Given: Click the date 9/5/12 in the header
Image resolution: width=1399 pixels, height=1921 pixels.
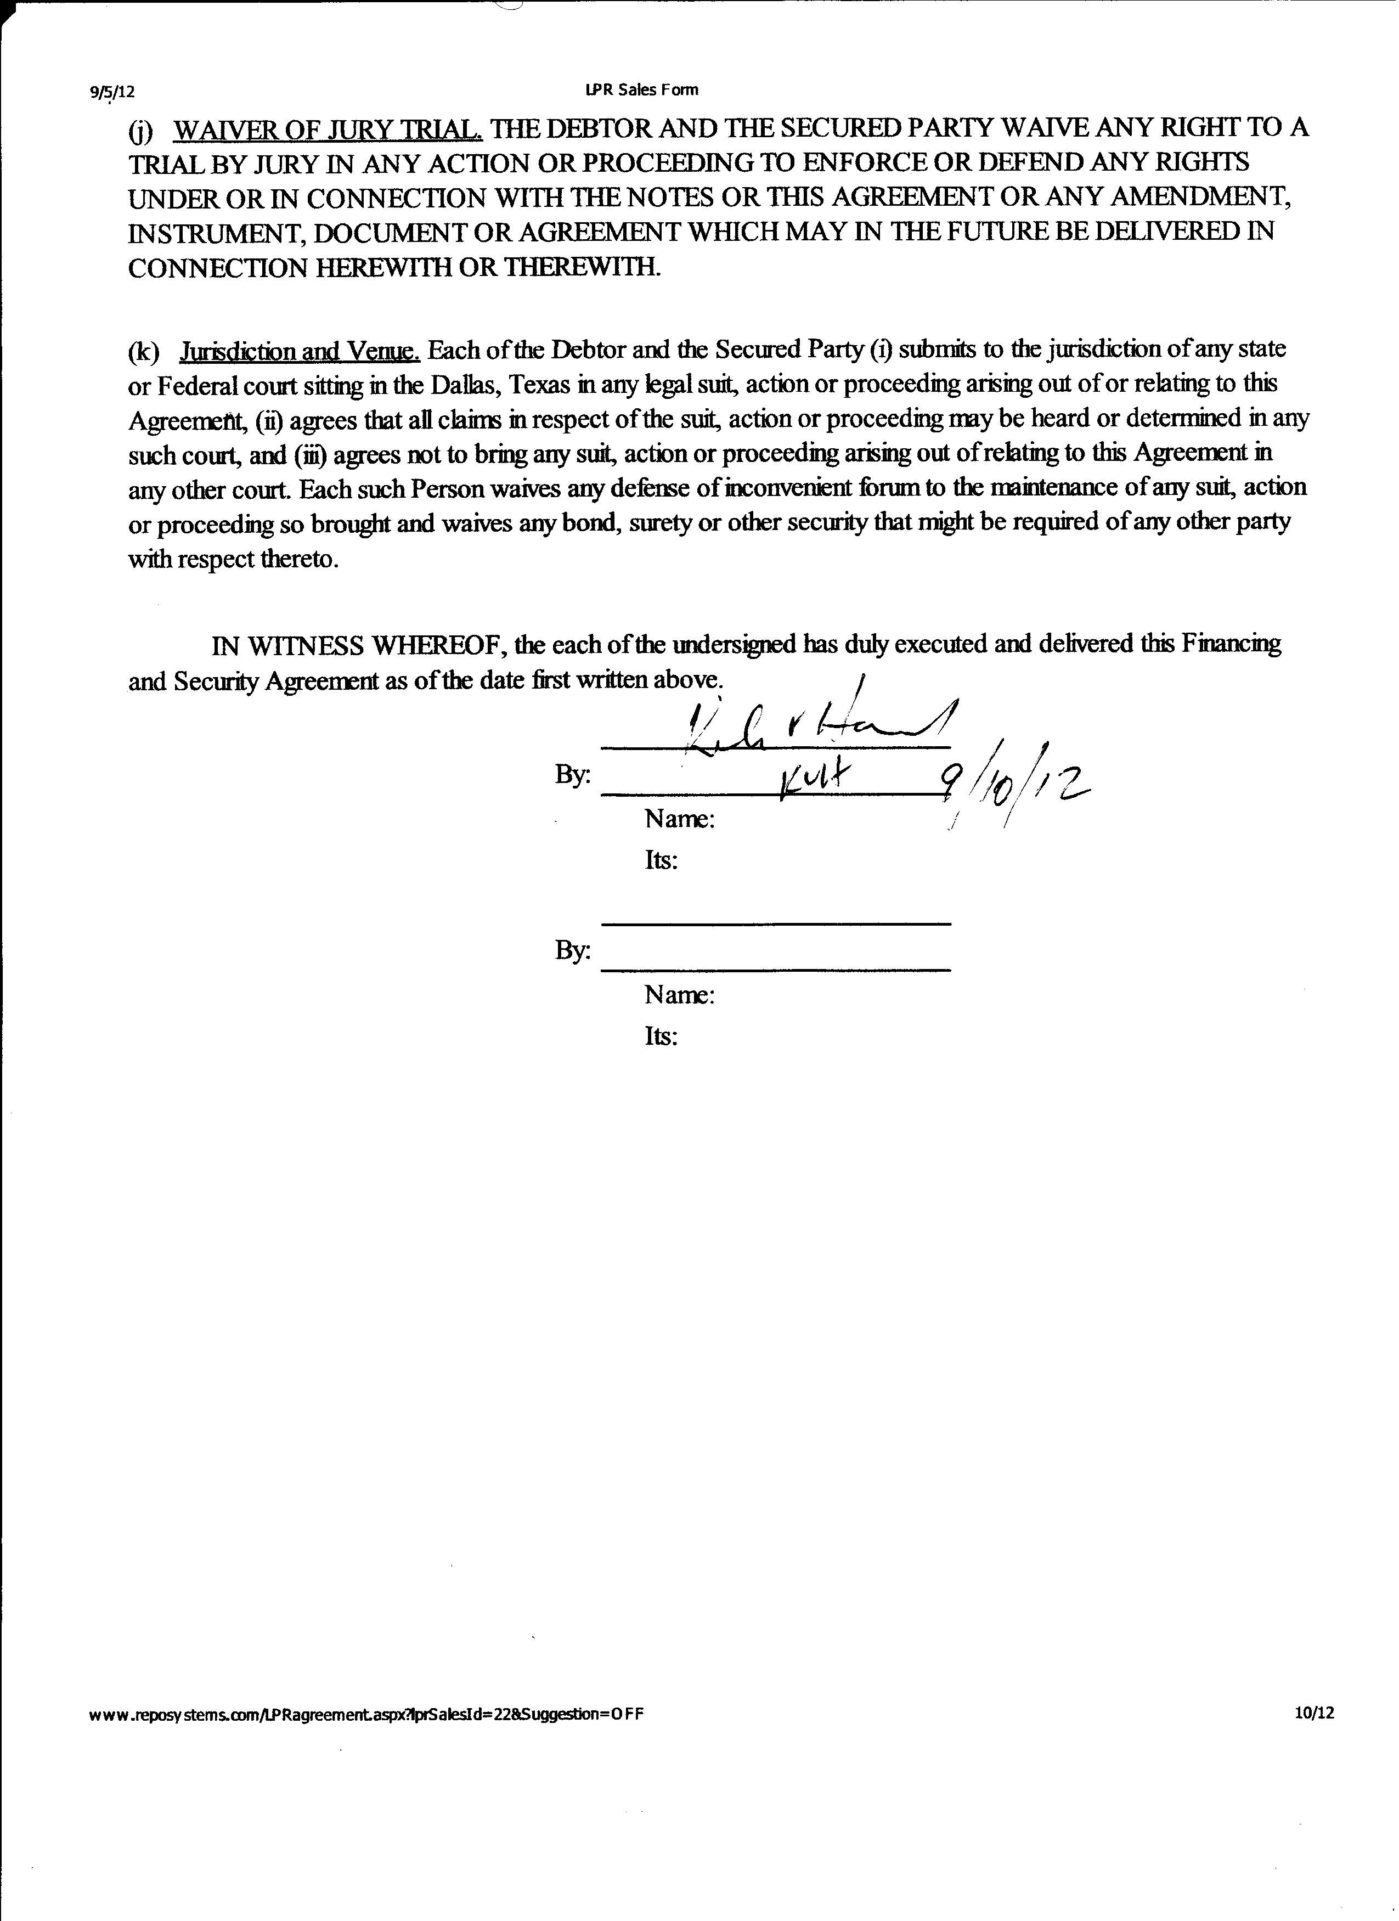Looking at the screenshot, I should pos(112,92).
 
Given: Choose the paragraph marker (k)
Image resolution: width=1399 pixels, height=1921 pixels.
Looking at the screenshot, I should pos(143,351).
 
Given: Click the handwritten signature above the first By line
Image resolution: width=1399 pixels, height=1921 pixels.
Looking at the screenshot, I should pos(821,725).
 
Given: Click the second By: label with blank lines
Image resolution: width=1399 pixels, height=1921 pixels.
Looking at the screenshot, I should pos(572,951).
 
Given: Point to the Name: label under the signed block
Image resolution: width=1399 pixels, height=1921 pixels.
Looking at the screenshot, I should pos(680,820).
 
